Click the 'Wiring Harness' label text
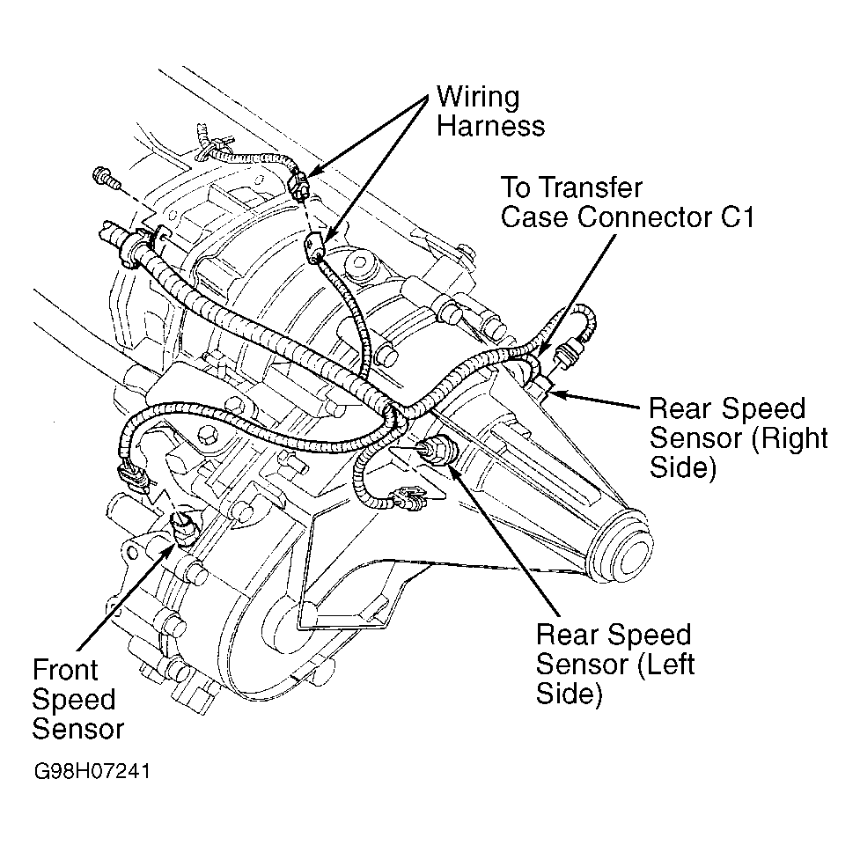490,111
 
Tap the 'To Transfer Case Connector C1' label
628,202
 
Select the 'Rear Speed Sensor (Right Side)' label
739,438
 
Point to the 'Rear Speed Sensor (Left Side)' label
615,664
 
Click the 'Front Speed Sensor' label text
77,699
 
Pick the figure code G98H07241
92,772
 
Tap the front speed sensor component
181,527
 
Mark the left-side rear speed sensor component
436,451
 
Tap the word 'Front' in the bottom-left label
65,670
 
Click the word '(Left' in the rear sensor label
665,665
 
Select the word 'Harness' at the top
491,126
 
